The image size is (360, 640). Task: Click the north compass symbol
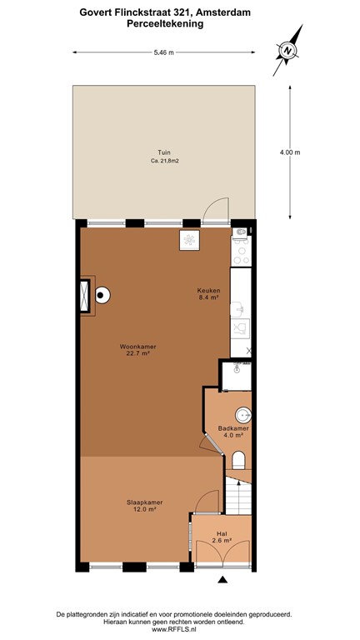tap(288, 51)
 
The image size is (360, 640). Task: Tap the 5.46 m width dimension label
tap(164, 52)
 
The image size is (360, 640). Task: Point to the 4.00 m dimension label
tap(289, 152)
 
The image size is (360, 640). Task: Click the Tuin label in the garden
tap(166, 152)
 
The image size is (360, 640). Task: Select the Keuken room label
tap(208, 292)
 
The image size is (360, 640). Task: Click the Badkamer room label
tap(231, 431)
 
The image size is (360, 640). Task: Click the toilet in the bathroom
tap(240, 461)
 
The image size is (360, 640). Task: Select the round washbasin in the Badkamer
tap(243, 413)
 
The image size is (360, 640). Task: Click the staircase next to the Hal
tap(239, 498)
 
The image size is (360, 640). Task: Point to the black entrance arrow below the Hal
tap(222, 579)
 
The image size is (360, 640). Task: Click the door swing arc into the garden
tap(217, 207)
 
